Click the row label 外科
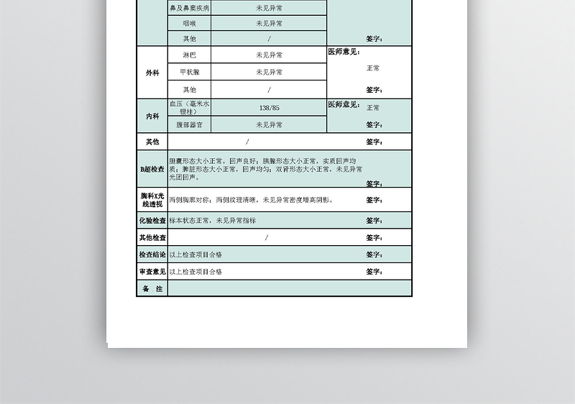[x=152, y=73]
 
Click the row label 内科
[x=152, y=116]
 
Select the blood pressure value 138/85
[x=269, y=108]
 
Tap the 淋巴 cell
[x=189, y=55]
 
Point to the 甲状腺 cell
[x=189, y=72]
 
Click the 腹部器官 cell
[x=189, y=125]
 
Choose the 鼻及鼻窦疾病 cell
[x=189, y=9]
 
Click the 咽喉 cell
[x=189, y=23]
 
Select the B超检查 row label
[x=152, y=170]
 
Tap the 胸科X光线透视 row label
[x=152, y=200]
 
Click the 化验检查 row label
[x=152, y=221]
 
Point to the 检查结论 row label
[x=152, y=254]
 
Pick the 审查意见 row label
[x=152, y=272]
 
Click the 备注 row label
[x=152, y=289]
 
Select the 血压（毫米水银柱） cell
[x=189, y=108]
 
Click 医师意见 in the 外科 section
[x=344, y=52]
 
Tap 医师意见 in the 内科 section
[x=344, y=105]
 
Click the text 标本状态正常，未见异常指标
[x=213, y=221]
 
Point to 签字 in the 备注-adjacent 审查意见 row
[x=374, y=272]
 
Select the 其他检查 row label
[x=152, y=238]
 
